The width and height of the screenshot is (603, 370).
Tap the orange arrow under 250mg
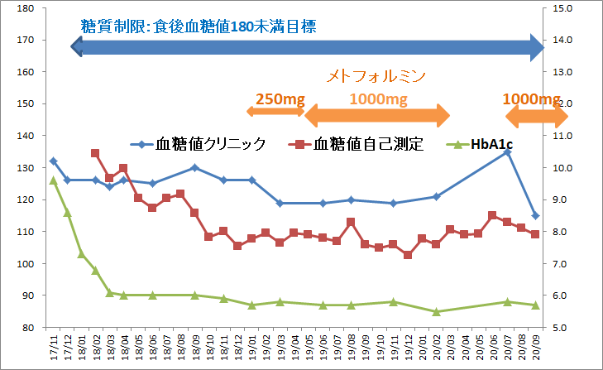tap(275, 111)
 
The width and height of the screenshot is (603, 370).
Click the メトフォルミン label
tap(376, 76)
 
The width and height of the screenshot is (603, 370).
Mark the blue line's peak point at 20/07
tap(507, 152)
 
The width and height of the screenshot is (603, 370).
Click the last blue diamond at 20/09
tap(535, 215)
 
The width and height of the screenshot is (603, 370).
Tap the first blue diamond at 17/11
tap(53, 161)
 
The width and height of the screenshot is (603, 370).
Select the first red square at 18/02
tap(95, 153)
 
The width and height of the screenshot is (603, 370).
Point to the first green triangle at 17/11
tap(53, 180)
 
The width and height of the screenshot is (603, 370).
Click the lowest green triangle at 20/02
tap(436, 311)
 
